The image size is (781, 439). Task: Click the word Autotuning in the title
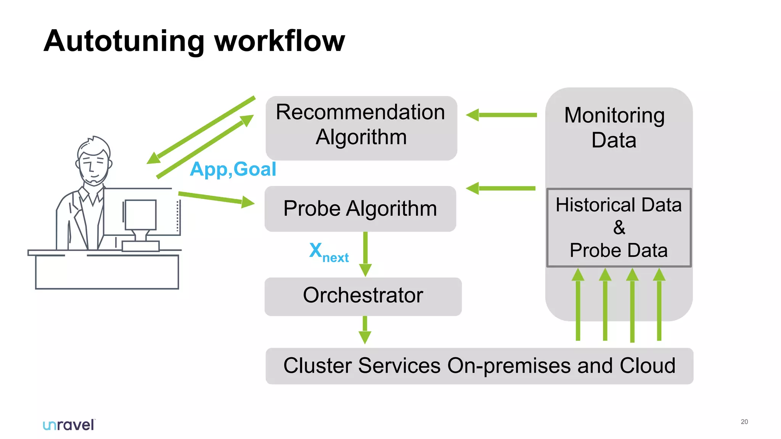click(x=124, y=41)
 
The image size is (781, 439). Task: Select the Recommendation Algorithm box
click(x=361, y=128)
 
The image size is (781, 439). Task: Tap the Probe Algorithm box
click(x=360, y=209)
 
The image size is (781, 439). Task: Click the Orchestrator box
click(x=363, y=296)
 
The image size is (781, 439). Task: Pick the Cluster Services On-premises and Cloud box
click(x=479, y=366)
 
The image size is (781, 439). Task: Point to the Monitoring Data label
click(x=614, y=127)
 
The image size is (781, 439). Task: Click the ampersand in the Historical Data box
click(x=619, y=228)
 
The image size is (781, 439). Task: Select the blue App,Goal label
click(x=233, y=169)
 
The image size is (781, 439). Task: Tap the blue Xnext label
click(x=328, y=253)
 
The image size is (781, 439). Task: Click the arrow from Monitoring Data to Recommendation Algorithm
click(x=501, y=115)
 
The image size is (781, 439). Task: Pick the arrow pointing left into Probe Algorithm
click(x=500, y=188)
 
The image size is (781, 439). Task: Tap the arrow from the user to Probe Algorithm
click(x=216, y=199)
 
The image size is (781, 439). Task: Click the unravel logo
click(x=69, y=425)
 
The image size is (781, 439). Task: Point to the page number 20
click(x=744, y=422)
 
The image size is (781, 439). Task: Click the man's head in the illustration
click(x=93, y=160)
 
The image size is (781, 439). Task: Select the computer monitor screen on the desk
click(x=141, y=215)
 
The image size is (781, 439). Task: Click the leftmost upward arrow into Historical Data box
click(x=578, y=305)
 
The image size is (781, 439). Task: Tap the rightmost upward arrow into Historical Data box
click(x=659, y=305)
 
